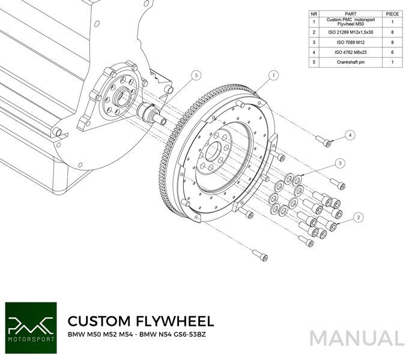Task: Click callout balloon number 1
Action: click(x=273, y=76)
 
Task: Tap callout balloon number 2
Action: click(x=359, y=217)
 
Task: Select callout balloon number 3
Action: click(x=339, y=163)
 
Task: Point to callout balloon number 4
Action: click(x=350, y=136)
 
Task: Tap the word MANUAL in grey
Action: click(x=357, y=338)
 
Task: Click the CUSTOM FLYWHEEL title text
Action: click(x=140, y=320)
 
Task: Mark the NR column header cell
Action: click(x=314, y=13)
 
